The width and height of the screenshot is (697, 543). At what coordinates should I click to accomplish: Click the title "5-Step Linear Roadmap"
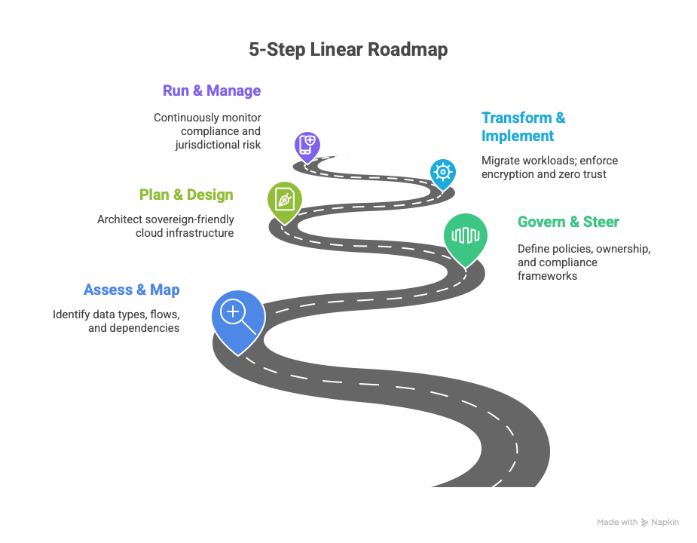point(348,50)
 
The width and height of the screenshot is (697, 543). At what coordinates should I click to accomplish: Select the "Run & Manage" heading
point(212,90)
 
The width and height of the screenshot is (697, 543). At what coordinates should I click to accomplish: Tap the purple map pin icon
point(307,145)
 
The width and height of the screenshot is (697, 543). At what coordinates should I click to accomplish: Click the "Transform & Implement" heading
point(523,127)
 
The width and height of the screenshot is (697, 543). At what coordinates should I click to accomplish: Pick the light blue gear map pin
point(442,172)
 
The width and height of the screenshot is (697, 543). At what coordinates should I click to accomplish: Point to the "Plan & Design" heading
point(186,195)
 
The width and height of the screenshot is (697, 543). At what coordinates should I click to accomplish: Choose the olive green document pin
point(284,200)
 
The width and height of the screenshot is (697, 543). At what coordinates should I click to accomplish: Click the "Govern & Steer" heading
point(567,222)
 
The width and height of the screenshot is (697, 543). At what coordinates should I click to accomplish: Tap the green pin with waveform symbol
point(465,236)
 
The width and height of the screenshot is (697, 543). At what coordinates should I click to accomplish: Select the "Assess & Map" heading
point(132,290)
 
